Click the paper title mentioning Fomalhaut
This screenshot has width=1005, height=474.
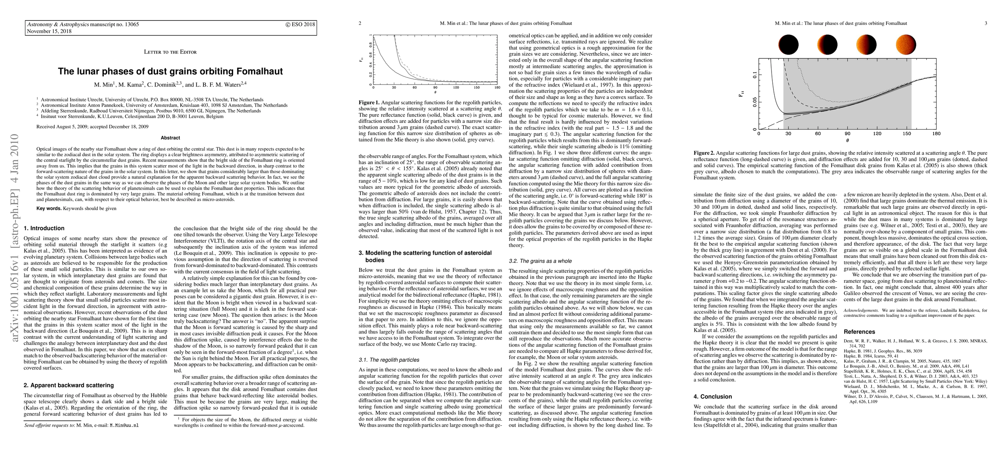pyautogui.click(x=170, y=71)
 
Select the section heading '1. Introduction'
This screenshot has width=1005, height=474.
pyautogui.click(x=44, y=228)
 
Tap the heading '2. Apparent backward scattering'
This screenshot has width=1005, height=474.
pyautogui.click(x=69, y=385)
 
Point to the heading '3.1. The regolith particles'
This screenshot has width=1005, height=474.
pyautogui.click(x=389, y=360)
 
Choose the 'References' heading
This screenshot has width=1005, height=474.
pyautogui.click(x=859, y=332)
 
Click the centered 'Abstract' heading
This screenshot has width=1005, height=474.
pyautogui.click(x=170, y=138)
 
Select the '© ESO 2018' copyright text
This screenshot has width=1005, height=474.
pyautogui.click(x=300, y=24)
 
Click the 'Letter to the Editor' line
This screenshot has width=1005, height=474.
pyautogui.click(x=170, y=52)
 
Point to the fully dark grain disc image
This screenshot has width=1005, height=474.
pyautogui.click(x=789, y=44)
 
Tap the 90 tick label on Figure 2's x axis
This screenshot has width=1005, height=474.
pyautogui.click(x=847, y=134)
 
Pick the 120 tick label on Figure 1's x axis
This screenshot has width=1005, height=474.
pyautogui.click(x=456, y=87)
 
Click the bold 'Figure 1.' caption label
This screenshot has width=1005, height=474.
pyautogui.click(x=369, y=103)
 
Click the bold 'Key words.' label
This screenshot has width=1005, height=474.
pyautogui.click(x=49, y=208)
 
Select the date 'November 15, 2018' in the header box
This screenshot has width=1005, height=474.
pyautogui.click(x=49, y=31)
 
